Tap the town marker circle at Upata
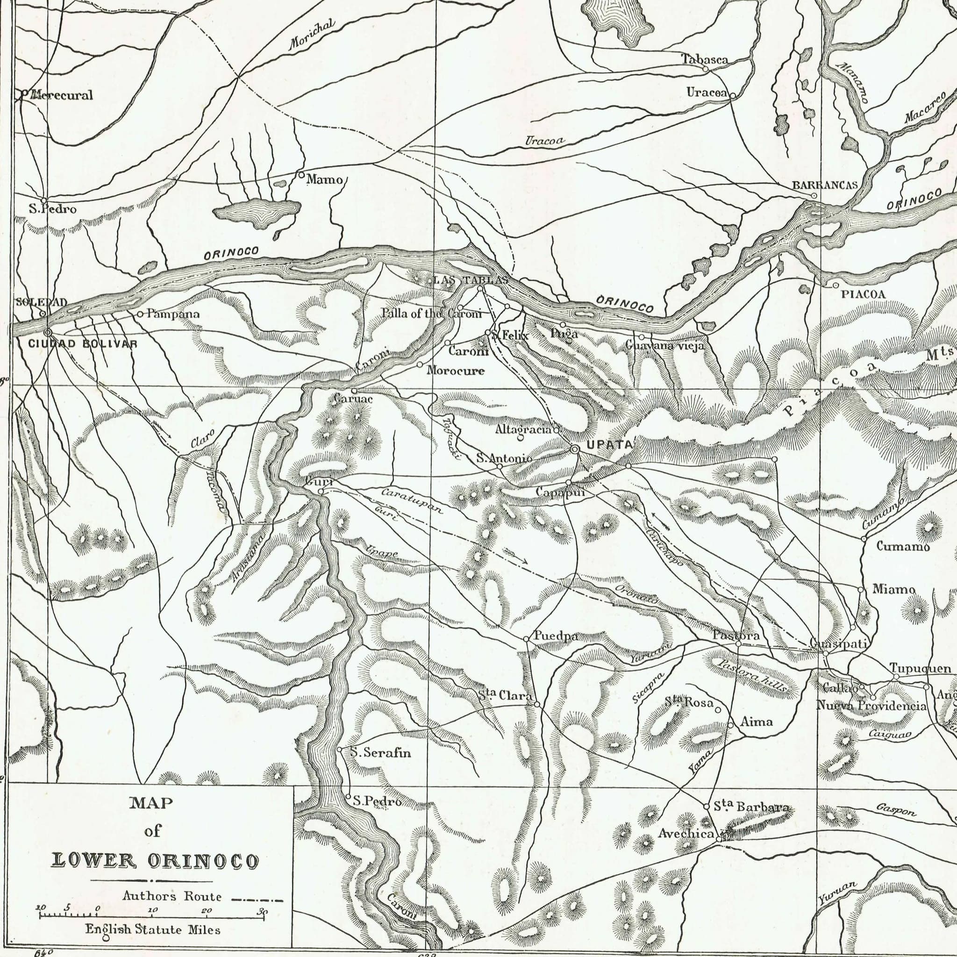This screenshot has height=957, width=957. pyautogui.click(x=575, y=449)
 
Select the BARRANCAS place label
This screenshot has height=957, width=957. pyautogui.click(x=824, y=185)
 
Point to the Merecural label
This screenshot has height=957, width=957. pyautogui.click(x=61, y=95)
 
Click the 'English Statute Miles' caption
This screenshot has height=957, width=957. pyautogui.click(x=152, y=930)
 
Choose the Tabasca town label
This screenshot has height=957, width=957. pyautogui.click(x=704, y=59)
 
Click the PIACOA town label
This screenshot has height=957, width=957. pyautogui.click(x=864, y=294)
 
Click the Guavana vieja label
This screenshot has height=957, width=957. pyautogui.click(x=664, y=346)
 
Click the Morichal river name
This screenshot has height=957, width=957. pyautogui.click(x=312, y=35)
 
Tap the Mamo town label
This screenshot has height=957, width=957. pyautogui.click(x=324, y=179)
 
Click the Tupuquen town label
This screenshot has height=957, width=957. pyautogui.click(x=921, y=668)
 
